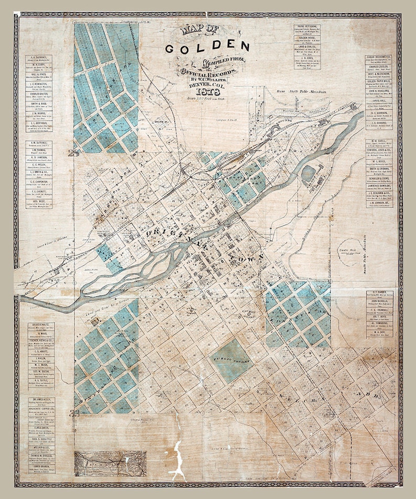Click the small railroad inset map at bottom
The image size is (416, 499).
click(110, 463)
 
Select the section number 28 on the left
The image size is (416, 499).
click(73, 153)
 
